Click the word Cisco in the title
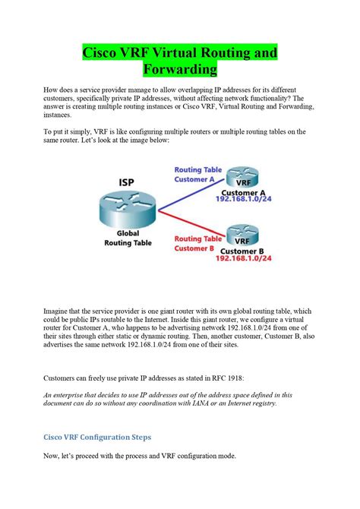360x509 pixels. click(x=102, y=53)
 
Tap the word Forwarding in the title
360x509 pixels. click(x=180, y=70)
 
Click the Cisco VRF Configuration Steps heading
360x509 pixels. click(x=96, y=438)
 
